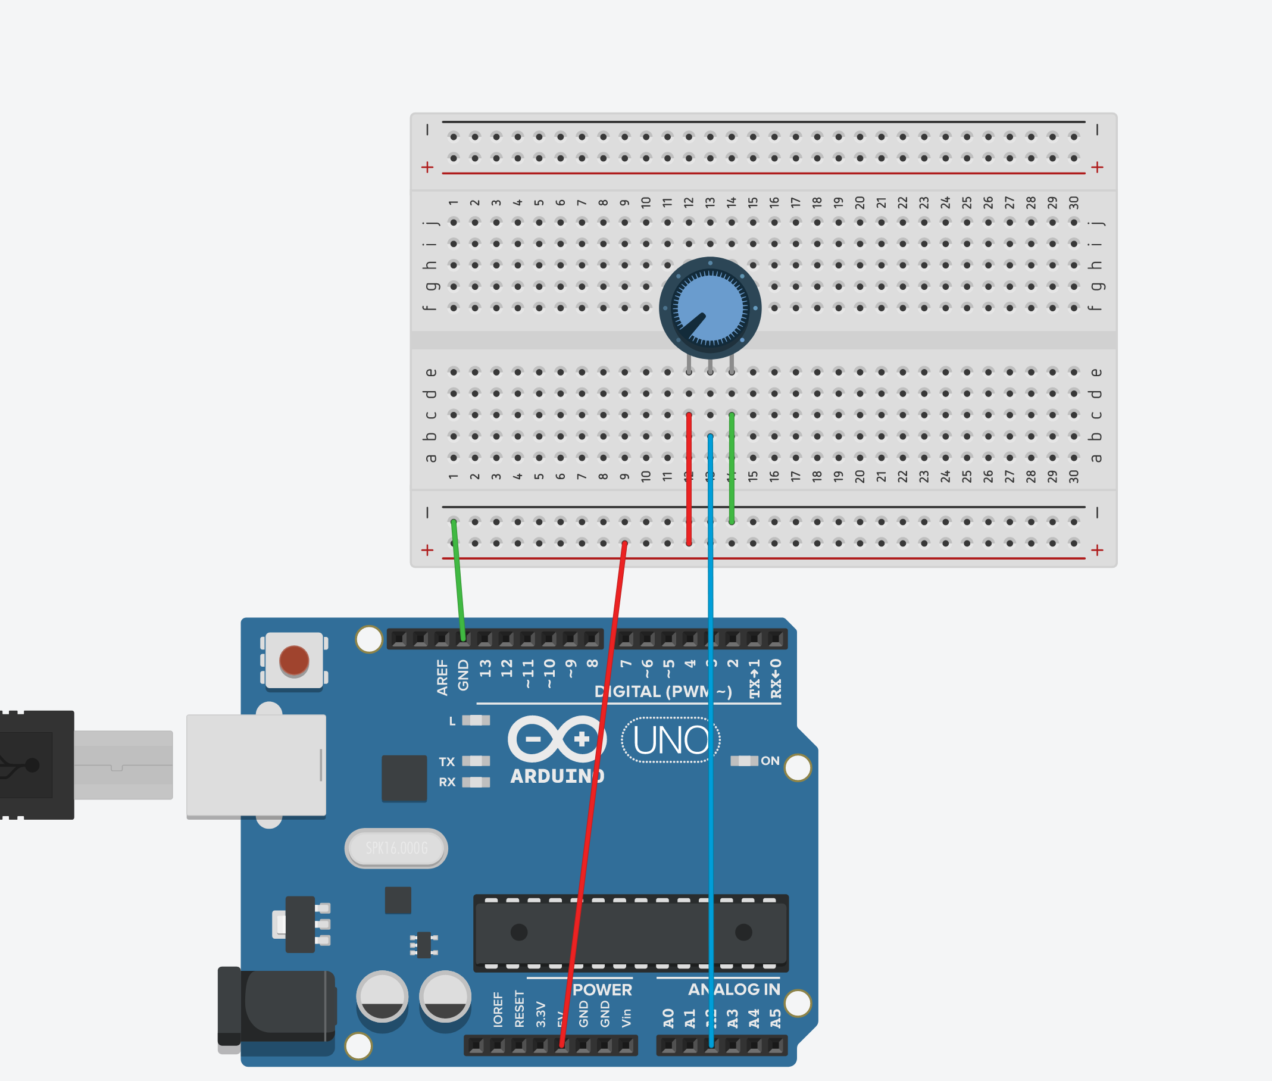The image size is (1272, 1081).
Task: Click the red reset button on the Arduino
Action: point(293,660)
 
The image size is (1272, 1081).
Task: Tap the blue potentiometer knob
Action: point(710,308)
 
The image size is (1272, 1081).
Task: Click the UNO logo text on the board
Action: point(670,741)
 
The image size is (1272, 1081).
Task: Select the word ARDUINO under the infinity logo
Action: point(557,776)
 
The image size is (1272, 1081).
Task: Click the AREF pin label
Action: point(442,677)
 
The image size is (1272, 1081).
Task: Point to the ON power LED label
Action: point(770,761)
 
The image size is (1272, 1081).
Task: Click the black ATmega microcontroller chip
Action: point(630,933)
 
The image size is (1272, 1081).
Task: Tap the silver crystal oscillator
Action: point(396,848)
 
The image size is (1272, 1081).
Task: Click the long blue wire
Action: point(711,796)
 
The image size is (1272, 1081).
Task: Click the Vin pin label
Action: point(626,1018)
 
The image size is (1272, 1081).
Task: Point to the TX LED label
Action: point(446,762)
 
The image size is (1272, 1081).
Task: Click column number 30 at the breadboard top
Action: point(1073,203)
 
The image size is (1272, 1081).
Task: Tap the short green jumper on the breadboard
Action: point(732,469)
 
